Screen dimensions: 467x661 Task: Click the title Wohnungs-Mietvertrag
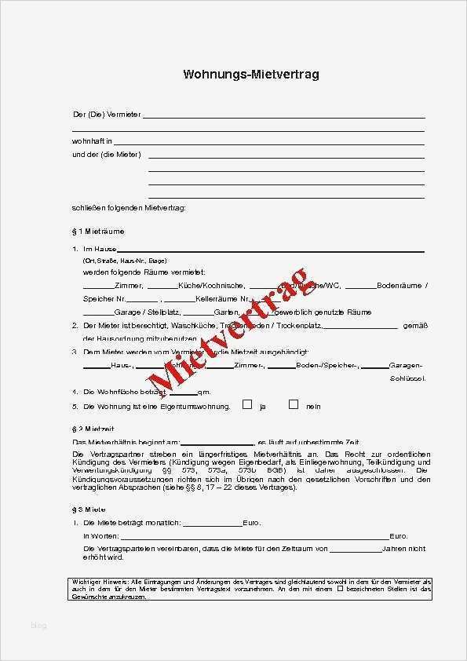click(250, 75)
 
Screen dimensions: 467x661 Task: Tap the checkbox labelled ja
click(247, 405)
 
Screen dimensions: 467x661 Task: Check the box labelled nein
click(294, 405)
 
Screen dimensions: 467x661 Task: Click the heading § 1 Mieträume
click(97, 232)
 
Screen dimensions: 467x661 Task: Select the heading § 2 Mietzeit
click(93, 429)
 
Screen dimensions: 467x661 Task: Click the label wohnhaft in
click(92, 141)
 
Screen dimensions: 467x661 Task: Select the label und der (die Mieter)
click(106, 155)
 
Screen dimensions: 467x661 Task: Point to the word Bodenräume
click(400, 286)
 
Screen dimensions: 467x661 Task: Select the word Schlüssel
click(407, 378)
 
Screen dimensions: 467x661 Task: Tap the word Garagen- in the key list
click(406, 366)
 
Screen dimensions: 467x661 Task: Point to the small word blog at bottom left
click(38, 626)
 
